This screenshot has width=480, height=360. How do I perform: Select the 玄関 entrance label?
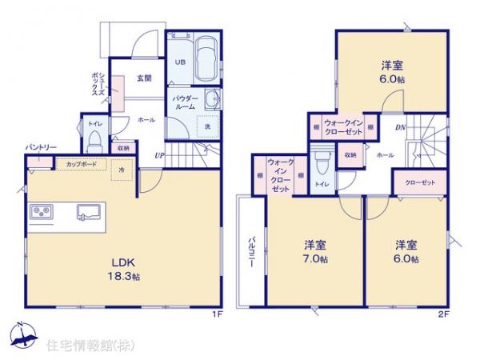tap(145, 78)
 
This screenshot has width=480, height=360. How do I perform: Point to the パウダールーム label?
tap(182, 102)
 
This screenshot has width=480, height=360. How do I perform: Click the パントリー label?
tap(40, 147)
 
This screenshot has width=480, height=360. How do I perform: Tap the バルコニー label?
tap(250, 255)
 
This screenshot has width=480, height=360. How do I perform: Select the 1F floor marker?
tap(215, 314)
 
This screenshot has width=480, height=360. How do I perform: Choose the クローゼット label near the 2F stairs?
tap(420, 182)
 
